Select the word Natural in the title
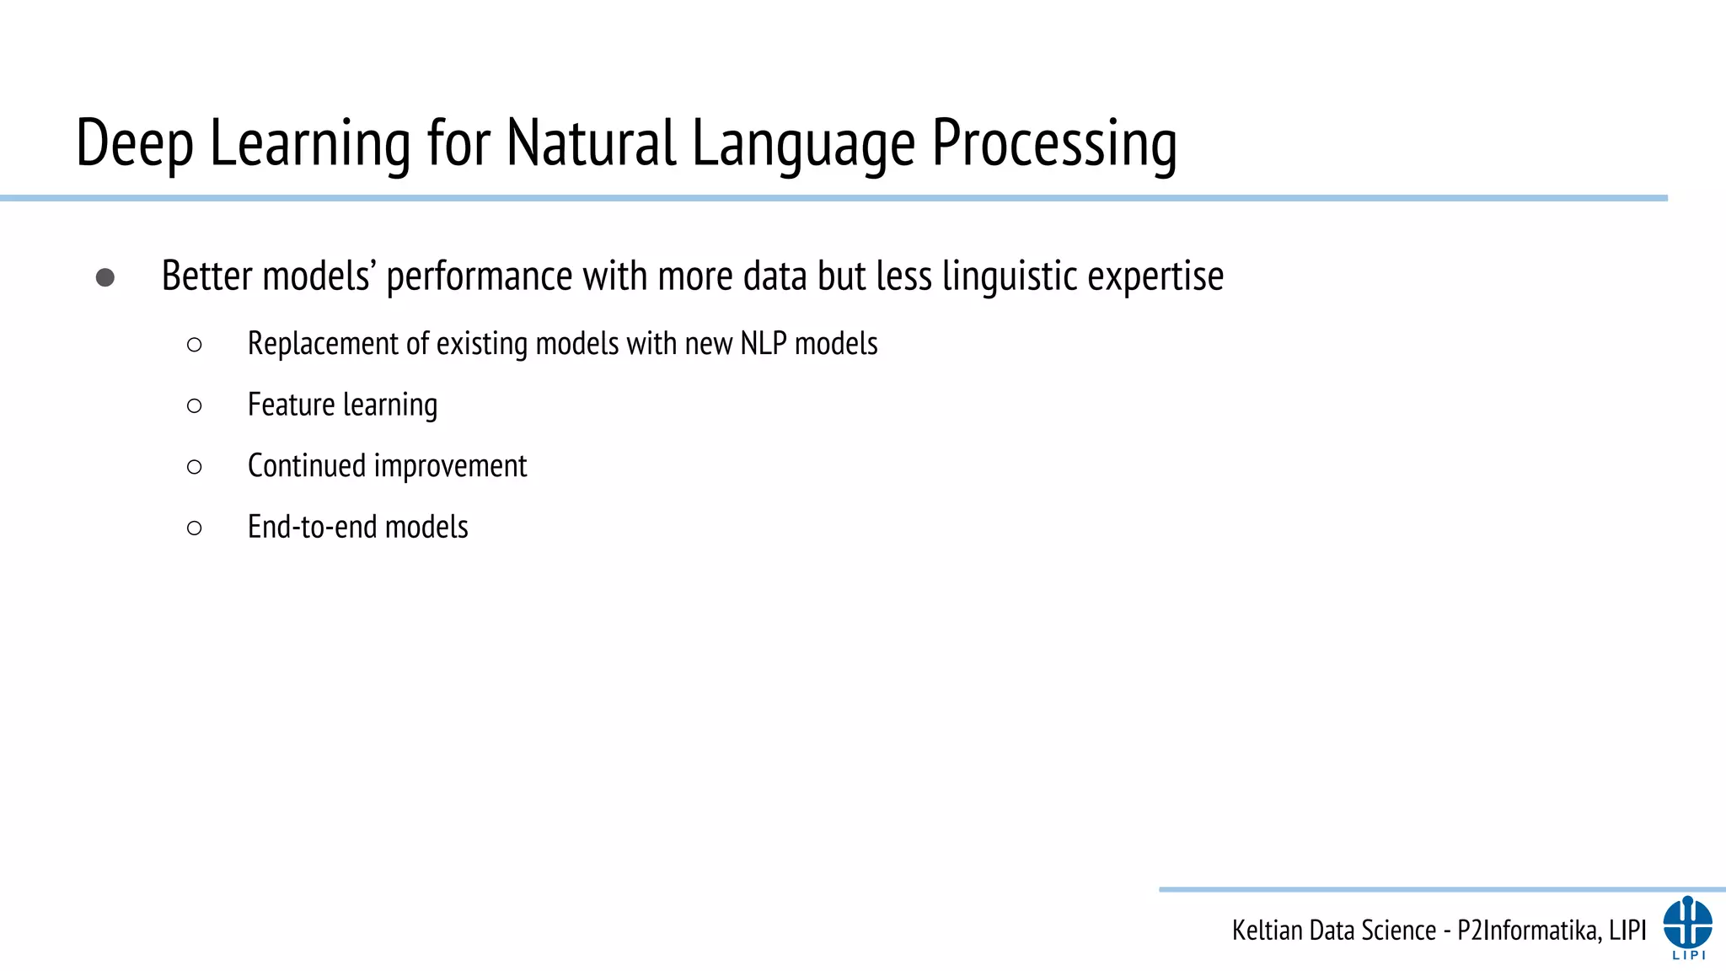pos(591,142)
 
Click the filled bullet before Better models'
pos(105,277)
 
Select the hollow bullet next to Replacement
pos(195,345)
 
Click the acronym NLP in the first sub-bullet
pos(764,344)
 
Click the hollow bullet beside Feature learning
pos(195,406)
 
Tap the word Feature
pos(292,405)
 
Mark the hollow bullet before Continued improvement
pos(195,467)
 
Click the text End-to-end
pos(312,527)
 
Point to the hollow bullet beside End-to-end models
pos(195,528)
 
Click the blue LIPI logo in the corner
pos(1687,926)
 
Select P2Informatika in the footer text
pos(1525,931)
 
